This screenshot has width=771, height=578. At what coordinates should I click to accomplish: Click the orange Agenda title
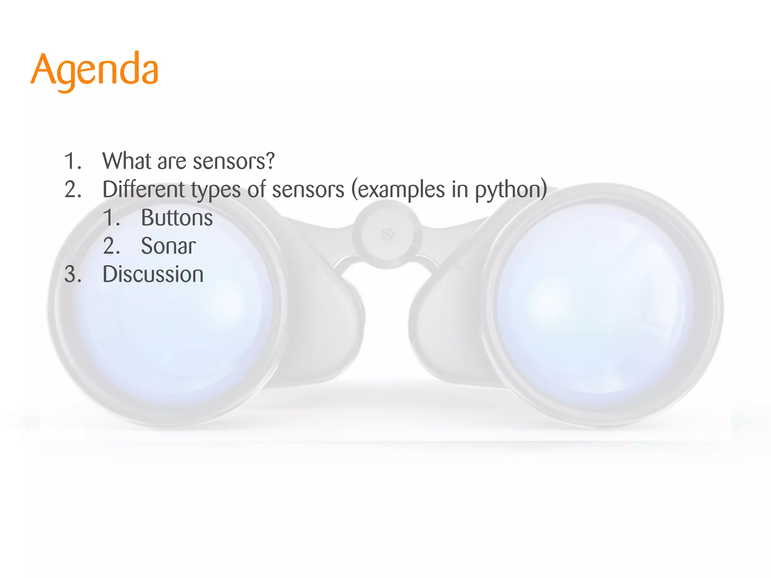[x=94, y=70]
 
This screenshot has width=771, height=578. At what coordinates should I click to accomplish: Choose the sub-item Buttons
[x=177, y=218]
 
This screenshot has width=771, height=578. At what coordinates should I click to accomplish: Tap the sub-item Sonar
[x=168, y=246]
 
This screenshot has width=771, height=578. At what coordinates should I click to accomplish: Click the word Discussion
[x=153, y=274]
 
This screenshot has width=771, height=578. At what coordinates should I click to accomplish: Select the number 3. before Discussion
[x=73, y=274]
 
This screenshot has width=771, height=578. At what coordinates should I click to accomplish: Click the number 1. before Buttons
[x=111, y=218]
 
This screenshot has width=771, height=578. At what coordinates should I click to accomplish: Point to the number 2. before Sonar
[x=111, y=246]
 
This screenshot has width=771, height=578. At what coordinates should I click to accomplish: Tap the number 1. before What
[x=73, y=161]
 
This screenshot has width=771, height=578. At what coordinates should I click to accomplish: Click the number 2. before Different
[x=73, y=189]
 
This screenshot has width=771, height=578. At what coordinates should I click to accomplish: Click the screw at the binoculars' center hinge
[x=387, y=234]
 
